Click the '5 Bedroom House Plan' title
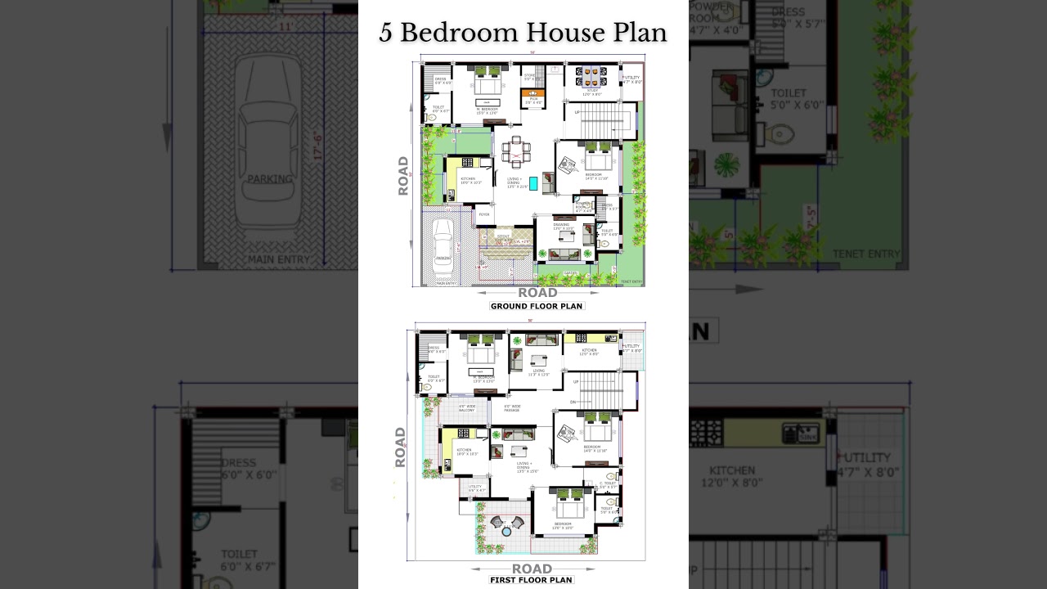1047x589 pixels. (523, 33)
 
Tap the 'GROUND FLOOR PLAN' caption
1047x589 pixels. (537, 306)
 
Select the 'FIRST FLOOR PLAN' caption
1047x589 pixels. (531, 580)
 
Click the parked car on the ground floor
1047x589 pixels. (443, 243)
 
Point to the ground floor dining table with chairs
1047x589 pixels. (515, 151)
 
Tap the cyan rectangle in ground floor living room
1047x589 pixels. (533, 183)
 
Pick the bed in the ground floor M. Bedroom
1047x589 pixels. (488, 83)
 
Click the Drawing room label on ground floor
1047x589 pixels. (561, 224)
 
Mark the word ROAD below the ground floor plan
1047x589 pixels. (537, 292)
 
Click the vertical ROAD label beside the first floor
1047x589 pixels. (400, 447)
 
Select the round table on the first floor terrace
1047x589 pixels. (506, 532)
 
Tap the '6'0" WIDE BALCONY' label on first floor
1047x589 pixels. (467, 408)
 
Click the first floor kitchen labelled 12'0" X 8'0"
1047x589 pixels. (589, 351)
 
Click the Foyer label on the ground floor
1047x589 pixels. (484, 214)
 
